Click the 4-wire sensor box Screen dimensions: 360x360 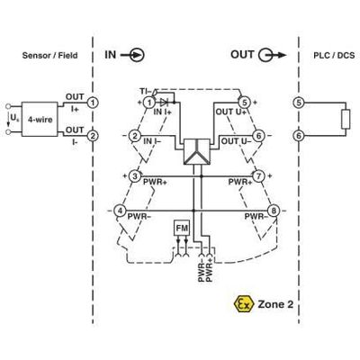click(40, 119)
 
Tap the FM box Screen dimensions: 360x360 click(182, 229)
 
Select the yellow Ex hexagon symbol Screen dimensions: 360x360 click(243, 304)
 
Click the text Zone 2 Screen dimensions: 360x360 click(275, 304)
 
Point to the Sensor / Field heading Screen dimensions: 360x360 click(49, 55)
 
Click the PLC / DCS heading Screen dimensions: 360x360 click(334, 55)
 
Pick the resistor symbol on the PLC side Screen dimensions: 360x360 click(346, 120)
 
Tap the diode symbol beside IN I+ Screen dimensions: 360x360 click(164, 103)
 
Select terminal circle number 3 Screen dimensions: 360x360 click(135, 176)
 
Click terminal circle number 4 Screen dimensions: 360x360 click(120, 211)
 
